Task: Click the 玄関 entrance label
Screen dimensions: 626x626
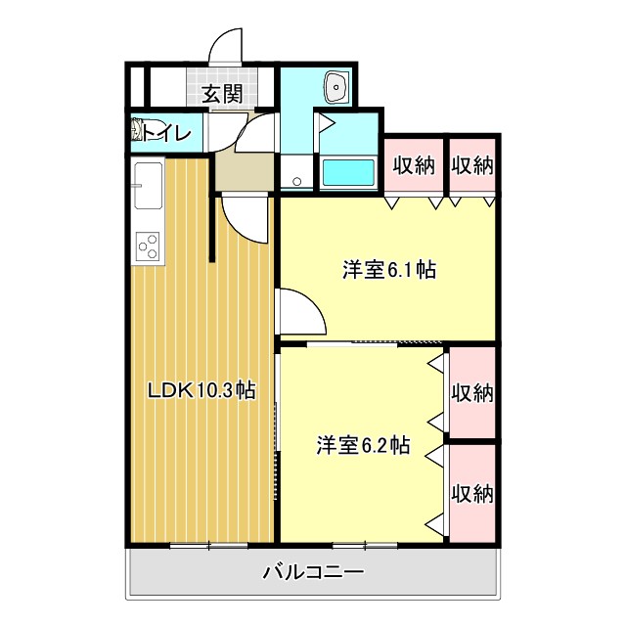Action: [222, 94]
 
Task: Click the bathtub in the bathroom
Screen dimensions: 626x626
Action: [348, 173]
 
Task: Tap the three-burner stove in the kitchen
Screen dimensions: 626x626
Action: [149, 246]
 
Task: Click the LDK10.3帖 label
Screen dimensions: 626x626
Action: [201, 390]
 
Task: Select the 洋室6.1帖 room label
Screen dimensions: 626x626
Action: [388, 270]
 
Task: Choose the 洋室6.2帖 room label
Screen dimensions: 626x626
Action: [362, 445]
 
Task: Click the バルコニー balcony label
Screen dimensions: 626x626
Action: [313, 572]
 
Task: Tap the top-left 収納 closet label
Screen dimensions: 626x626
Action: [414, 164]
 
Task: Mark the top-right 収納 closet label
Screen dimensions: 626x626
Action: [472, 164]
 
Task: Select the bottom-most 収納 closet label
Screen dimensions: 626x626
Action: [472, 492]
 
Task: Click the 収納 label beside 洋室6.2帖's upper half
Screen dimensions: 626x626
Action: [472, 393]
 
